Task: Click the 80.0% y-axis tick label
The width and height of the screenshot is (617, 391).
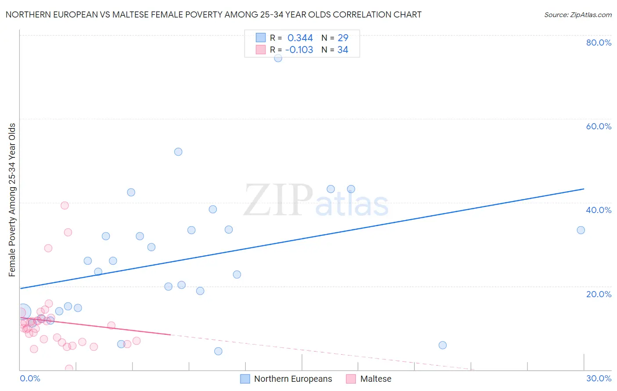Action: click(x=599, y=43)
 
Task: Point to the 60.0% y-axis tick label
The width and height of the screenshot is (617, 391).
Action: click(x=599, y=126)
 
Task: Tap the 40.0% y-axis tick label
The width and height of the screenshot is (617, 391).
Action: click(x=599, y=210)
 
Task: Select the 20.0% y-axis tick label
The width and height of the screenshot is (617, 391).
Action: click(x=599, y=294)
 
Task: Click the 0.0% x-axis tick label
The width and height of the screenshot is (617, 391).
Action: click(x=30, y=378)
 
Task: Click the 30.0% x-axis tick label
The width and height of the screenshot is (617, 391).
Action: click(x=599, y=378)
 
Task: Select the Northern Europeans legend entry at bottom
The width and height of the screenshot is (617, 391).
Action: click(x=293, y=379)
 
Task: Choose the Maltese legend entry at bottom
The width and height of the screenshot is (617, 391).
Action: click(x=375, y=379)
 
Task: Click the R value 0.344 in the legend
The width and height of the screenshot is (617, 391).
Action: click(x=300, y=38)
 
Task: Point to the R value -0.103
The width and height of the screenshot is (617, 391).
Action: click(x=299, y=50)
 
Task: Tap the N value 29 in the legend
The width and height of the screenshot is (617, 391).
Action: click(x=343, y=38)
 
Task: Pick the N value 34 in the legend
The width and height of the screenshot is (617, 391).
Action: click(x=343, y=50)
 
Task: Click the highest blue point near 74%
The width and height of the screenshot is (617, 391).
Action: click(x=278, y=58)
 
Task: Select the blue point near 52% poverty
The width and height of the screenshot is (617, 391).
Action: click(x=178, y=152)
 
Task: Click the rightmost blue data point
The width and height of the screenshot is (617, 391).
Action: click(x=581, y=230)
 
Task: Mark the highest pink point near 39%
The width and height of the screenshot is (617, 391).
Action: click(x=65, y=205)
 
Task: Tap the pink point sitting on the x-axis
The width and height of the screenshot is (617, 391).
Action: click(x=69, y=368)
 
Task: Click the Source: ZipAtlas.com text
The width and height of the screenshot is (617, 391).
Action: click(x=578, y=15)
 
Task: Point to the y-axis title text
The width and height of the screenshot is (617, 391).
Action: click(x=12, y=200)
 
